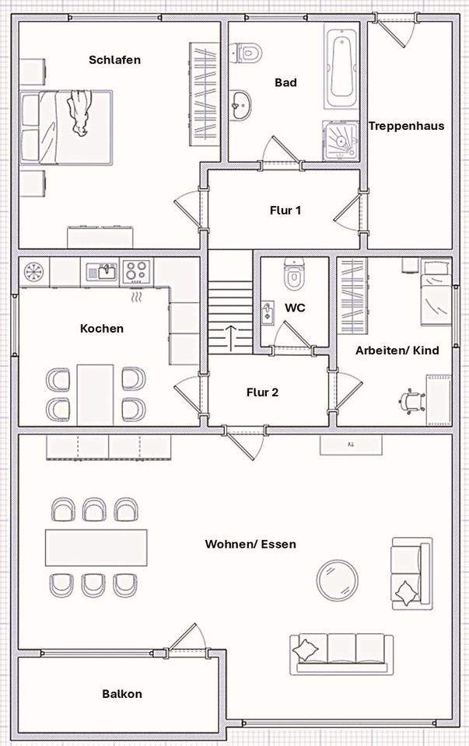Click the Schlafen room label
click(114, 60)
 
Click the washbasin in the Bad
click(241, 103)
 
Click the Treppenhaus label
click(406, 126)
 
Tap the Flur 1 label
click(285, 210)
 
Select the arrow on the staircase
click(231, 337)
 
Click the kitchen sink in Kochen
click(102, 272)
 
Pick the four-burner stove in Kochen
click(137, 271)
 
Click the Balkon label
click(122, 694)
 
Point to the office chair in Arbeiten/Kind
click(412, 400)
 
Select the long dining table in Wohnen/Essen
click(96, 547)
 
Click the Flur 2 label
click(262, 392)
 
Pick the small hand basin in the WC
click(268, 312)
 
